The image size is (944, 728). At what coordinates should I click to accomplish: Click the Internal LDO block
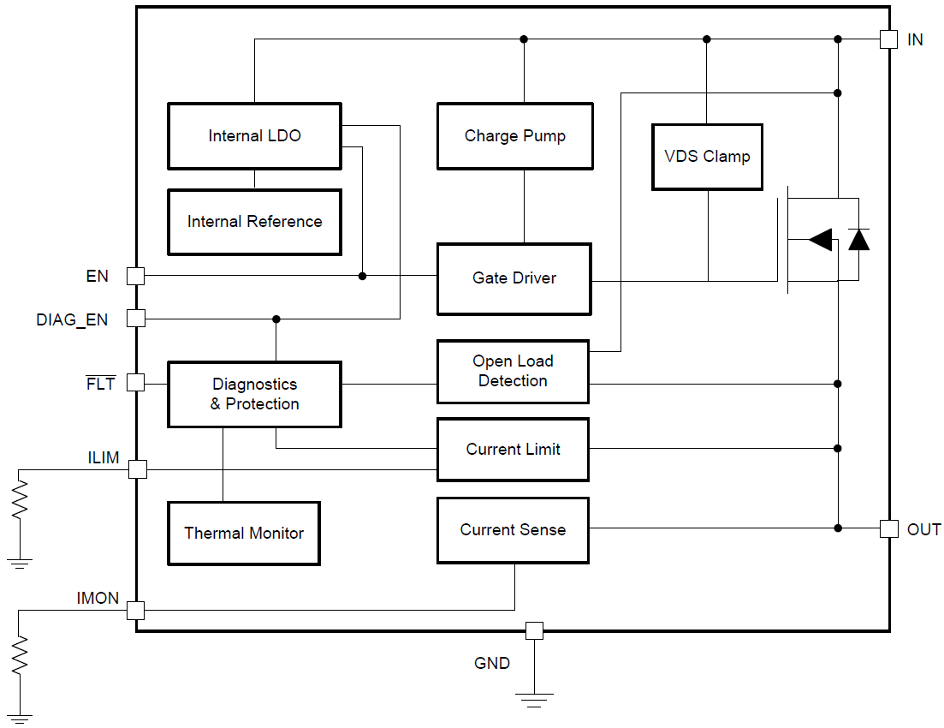(254, 136)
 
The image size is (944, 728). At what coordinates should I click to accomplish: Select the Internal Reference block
(254, 222)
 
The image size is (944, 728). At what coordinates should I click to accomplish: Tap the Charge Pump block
(514, 136)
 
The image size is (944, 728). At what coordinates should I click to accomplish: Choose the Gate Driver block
(514, 278)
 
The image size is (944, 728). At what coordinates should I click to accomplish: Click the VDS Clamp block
(707, 157)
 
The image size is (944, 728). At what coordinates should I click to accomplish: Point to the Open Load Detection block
(513, 372)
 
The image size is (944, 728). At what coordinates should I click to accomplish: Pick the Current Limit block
(513, 450)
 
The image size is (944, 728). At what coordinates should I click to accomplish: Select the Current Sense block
(513, 530)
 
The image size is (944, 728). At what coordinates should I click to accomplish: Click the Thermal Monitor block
(244, 534)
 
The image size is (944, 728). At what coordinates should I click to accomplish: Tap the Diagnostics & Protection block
(254, 394)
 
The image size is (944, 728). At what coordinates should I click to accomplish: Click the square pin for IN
(888, 39)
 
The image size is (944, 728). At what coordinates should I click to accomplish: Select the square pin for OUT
(888, 528)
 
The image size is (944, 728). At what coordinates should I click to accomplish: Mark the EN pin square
(136, 276)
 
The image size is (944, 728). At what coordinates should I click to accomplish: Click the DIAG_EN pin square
(136, 319)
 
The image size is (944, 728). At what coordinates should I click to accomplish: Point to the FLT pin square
(136, 383)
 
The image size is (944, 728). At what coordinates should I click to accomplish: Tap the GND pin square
(534, 631)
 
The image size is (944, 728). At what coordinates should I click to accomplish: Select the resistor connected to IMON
(19, 655)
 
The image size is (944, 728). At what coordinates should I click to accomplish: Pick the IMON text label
(98, 599)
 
